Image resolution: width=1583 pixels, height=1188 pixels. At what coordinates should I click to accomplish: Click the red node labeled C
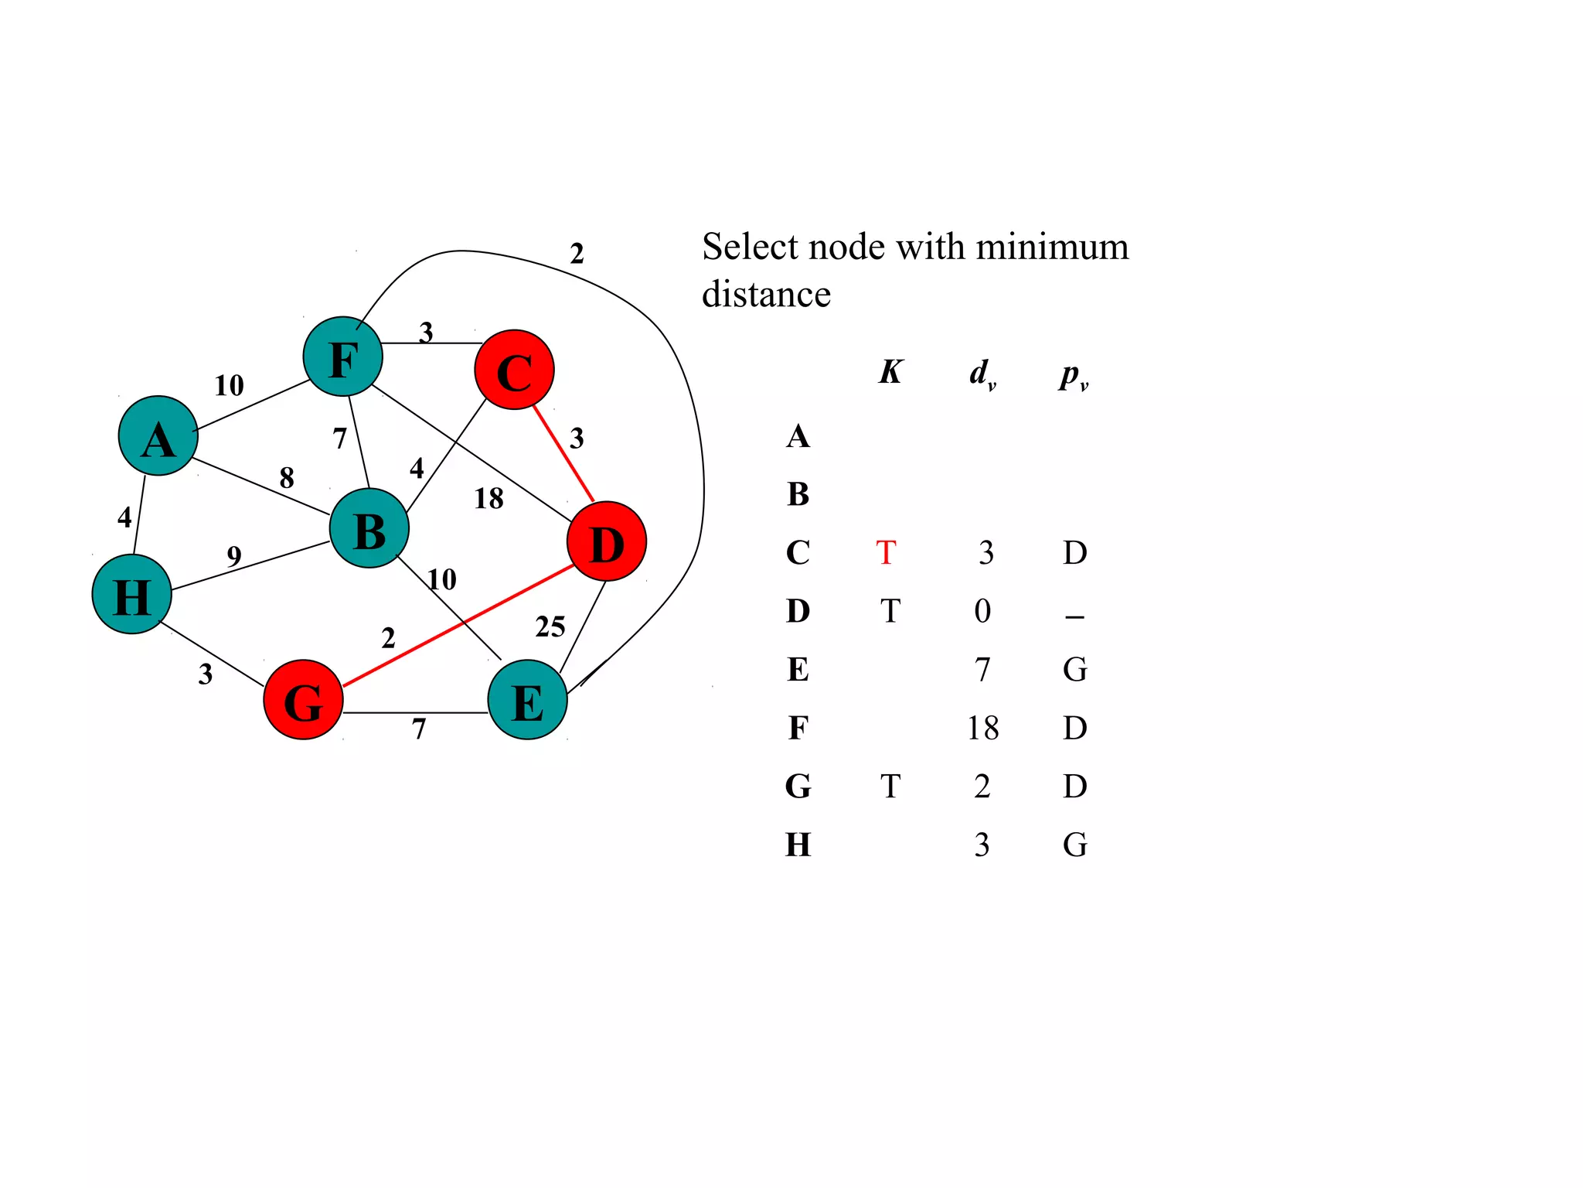(514, 370)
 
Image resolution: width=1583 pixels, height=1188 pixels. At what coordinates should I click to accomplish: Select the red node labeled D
(606, 541)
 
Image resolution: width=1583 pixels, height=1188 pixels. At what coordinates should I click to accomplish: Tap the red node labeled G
(303, 700)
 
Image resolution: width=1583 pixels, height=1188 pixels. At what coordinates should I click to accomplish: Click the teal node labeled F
(342, 357)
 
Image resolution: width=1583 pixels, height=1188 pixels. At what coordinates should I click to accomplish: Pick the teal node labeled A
(158, 436)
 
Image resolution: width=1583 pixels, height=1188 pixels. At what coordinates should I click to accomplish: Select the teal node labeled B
(369, 529)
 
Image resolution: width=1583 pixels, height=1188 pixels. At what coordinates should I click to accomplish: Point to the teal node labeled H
(131, 594)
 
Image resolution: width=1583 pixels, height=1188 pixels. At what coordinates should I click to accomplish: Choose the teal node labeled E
(527, 700)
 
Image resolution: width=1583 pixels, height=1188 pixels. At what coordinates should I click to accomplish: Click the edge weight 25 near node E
(550, 626)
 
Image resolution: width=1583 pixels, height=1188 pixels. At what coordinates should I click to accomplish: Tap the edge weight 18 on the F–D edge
(489, 499)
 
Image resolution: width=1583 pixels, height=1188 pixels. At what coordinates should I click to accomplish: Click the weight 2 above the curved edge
(577, 254)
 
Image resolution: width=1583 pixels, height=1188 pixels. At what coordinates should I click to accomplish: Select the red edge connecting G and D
(458, 625)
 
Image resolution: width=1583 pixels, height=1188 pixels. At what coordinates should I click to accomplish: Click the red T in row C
(886, 553)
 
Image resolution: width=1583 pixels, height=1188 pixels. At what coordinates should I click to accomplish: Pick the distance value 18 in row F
(982, 729)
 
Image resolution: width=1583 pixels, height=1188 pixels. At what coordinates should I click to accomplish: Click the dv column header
(982, 374)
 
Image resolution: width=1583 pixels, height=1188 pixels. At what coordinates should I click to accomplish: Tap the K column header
(890, 372)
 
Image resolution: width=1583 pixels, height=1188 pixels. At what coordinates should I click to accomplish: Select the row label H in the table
(798, 845)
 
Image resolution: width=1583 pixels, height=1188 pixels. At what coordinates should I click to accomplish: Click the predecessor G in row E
(1074, 670)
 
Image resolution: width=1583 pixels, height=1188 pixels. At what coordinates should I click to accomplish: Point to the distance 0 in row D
(982, 612)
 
